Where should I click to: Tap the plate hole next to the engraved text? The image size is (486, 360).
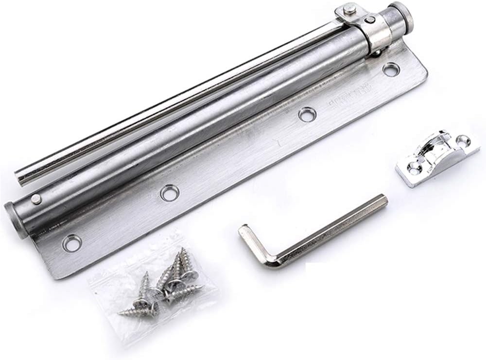point(307,115)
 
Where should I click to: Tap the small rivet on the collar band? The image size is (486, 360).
point(371,20)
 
